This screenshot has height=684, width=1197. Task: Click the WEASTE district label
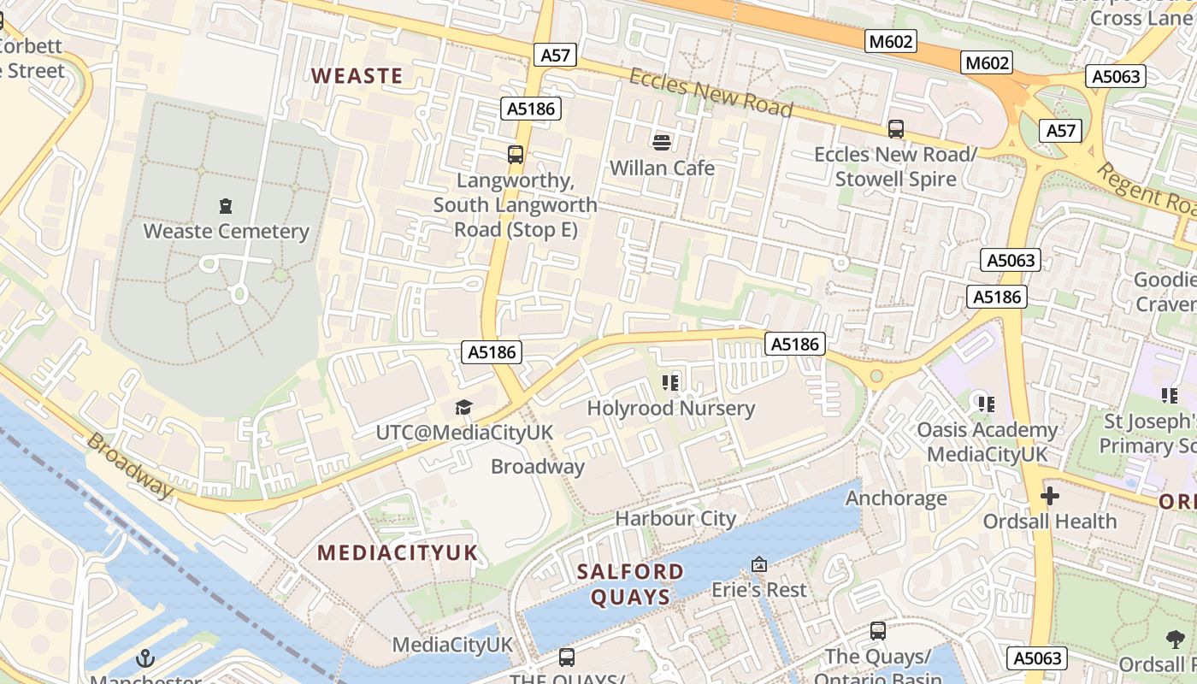[x=357, y=75]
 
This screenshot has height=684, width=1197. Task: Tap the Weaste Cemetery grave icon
[x=226, y=206]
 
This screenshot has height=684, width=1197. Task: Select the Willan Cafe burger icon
[x=662, y=142]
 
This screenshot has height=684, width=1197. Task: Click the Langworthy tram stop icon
[x=516, y=155]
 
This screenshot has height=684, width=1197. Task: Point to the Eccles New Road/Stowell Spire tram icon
[x=896, y=129]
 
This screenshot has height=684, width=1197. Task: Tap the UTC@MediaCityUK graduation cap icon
[x=463, y=408]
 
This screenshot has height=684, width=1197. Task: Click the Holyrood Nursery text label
[x=671, y=409]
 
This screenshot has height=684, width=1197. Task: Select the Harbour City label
[x=675, y=518]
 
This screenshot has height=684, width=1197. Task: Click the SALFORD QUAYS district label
[x=630, y=584]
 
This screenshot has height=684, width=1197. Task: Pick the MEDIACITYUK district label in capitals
[x=398, y=552]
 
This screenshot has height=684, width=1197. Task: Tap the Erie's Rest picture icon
[x=758, y=564]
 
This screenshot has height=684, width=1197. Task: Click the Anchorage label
[x=896, y=498]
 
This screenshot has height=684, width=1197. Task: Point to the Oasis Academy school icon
[x=987, y=404]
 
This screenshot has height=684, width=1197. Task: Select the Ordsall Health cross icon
[x=1050, y=496]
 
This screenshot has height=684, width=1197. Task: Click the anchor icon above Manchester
[x=145, y=658]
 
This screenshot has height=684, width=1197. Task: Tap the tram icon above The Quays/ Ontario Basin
[x=878, y=631]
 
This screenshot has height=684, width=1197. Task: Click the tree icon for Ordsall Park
[x=1176, y=639]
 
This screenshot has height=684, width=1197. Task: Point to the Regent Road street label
[x=1146, y=189]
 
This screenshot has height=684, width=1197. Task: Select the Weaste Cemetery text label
[x=226, y=231]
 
